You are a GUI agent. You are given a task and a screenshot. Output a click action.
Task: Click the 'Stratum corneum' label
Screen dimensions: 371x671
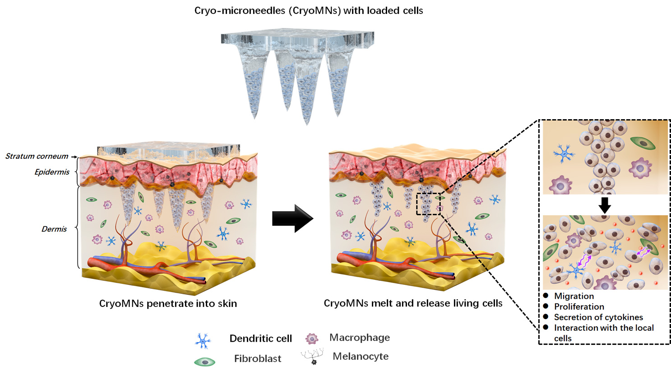[x=37, y=156]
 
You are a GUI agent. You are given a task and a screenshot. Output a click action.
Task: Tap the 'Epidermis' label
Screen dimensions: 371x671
[x=52, y=172]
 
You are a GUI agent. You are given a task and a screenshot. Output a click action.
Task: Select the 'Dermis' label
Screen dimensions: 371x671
[x=54, y=229]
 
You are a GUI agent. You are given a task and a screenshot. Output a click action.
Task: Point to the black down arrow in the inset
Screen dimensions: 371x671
[x=604, y=205]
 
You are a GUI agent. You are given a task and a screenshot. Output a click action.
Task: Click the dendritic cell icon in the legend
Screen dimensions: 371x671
[x=203, y=341]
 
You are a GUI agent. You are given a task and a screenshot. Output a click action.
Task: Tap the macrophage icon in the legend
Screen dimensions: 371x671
[x=312, y=339]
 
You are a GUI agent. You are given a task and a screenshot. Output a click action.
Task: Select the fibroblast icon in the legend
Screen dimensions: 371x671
[x=204, y=362]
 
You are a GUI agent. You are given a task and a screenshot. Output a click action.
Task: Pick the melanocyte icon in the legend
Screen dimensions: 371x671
[x=313, y=356]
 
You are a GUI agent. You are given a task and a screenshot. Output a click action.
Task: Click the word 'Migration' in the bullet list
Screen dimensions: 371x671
[x=574, y=296]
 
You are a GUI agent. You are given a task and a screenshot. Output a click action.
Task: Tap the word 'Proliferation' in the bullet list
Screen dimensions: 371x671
[x=579, y=306]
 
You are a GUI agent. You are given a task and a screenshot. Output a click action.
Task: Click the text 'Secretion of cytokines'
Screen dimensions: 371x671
[x=598, y=317]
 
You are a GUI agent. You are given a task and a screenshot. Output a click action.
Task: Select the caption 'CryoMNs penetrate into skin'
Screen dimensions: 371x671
[x=168, y=303]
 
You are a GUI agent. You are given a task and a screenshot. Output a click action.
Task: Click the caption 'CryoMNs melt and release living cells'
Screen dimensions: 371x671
[x=413, y=303]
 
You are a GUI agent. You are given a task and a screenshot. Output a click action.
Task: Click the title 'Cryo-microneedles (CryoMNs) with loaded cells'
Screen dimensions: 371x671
[x=309, y=10]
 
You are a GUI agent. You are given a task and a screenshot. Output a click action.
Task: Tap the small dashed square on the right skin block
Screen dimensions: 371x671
[x=428, y=204]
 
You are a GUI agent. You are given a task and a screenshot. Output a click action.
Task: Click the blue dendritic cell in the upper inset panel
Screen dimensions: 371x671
[x=564, y=154]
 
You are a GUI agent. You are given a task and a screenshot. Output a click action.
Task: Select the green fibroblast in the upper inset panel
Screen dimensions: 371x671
[x=643, y=143]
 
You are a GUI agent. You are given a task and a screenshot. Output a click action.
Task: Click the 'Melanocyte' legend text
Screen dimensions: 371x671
[x=361, y=356]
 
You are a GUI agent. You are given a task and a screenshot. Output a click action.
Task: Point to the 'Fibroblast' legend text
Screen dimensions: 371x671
[x=258, y=358]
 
